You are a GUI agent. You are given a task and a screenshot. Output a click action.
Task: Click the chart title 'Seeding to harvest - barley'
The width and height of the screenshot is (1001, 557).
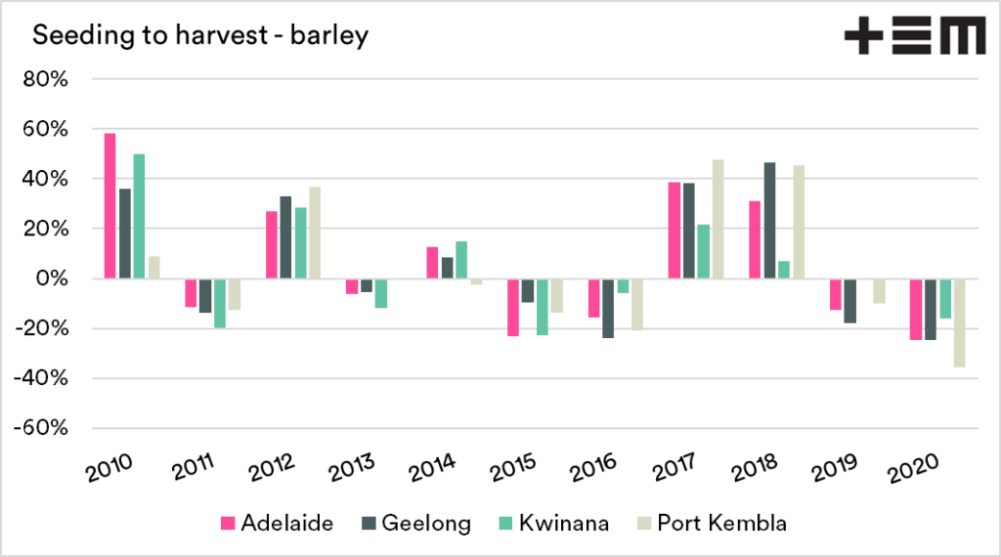coord(200,36)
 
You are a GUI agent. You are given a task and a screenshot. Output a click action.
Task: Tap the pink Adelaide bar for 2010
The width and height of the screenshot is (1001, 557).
coord(109,205)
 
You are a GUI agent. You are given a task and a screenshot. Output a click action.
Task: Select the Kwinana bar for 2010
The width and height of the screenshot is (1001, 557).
coord(139,216)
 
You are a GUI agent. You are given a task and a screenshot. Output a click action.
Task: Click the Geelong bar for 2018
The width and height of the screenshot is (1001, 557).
coord(770,221)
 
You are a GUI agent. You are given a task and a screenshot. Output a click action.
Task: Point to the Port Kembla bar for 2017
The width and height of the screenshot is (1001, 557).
coord(718,219)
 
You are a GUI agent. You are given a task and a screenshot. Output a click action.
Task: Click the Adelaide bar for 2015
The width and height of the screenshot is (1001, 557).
coord(513,307)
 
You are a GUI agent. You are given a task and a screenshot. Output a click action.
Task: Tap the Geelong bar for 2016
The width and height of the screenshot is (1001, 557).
coord(608,308)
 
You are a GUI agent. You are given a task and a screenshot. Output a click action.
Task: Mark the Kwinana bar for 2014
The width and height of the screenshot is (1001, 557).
coord(461,260)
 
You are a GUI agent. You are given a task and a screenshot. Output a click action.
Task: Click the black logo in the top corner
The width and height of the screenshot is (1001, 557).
coord(914,37)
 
